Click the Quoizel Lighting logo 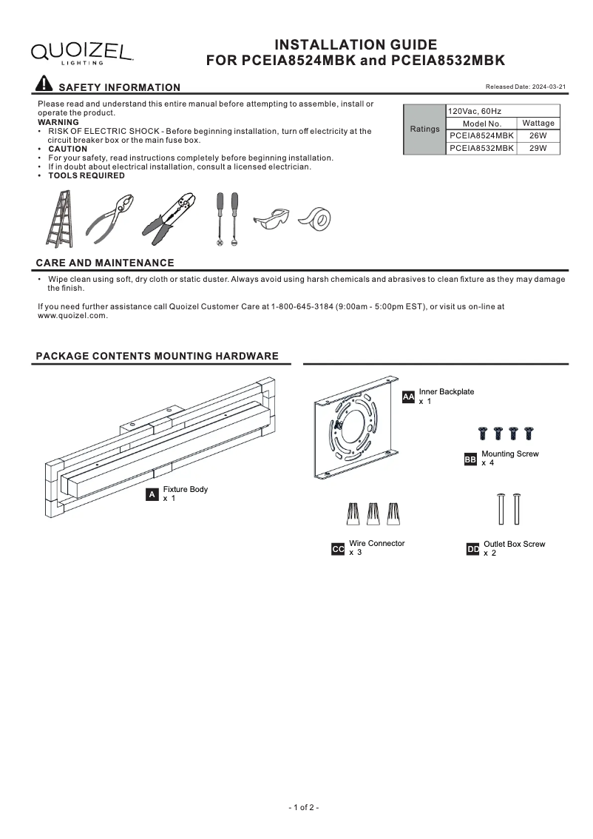tap(81, 53)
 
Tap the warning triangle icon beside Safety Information tap(44, 85)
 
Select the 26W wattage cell tap(538, 136)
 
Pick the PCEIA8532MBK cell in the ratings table tap(481, 149)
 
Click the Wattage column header tap(538, 124)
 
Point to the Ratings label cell tap(424, 129)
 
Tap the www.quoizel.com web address tap(72, 316)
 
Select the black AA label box tap(408, 397)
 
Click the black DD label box tap(473, 549)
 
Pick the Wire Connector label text tap(376, 544)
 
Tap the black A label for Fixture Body tap(152, 494)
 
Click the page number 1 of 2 tap(303, 807)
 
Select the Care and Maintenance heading tap(105, 263)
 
